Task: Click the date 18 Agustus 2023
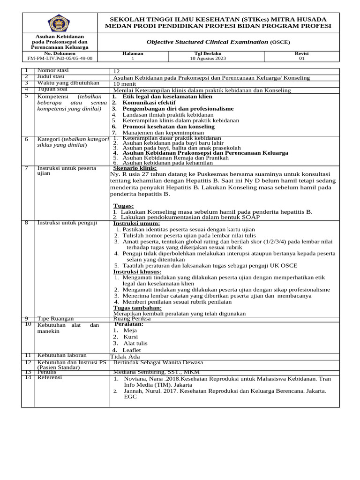pyautogui.click(x=208, y=59)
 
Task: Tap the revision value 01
pyautogui.click(x=301, y=59)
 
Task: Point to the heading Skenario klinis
pyautogui.click(x=135, y=168)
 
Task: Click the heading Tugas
pyautogui.click(x=123, y=206)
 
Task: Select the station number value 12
pyautogui.click(x=117, y=71)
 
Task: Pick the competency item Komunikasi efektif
pyautogui.click(x=149, y=102)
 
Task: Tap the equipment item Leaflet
pyautogui.click(x=132, y=350)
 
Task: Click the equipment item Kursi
pyautogui.click(x=131, y=337)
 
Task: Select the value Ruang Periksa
pyautogui.click(x=132, y=319)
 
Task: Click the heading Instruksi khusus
pyautogui.click(x=137, y=272)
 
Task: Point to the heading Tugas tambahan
pyautogui.click(x=138, y=307)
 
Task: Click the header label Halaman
pyautogui.click(x=133, y=53)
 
